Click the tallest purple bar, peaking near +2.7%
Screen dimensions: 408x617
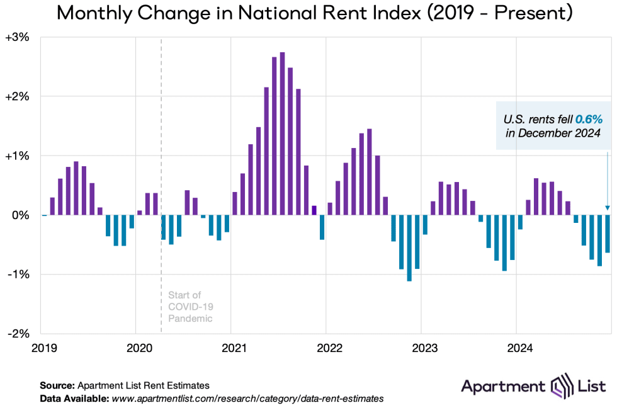282,133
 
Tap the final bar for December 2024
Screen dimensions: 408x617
608,234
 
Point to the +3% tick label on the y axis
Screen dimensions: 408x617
17,38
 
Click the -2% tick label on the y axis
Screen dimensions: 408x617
17,333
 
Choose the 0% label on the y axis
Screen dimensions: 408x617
21,215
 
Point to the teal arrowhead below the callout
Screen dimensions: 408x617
608,208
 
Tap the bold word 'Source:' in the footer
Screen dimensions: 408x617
57,385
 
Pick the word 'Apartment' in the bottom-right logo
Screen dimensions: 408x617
503,386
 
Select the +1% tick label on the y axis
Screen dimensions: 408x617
17,156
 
